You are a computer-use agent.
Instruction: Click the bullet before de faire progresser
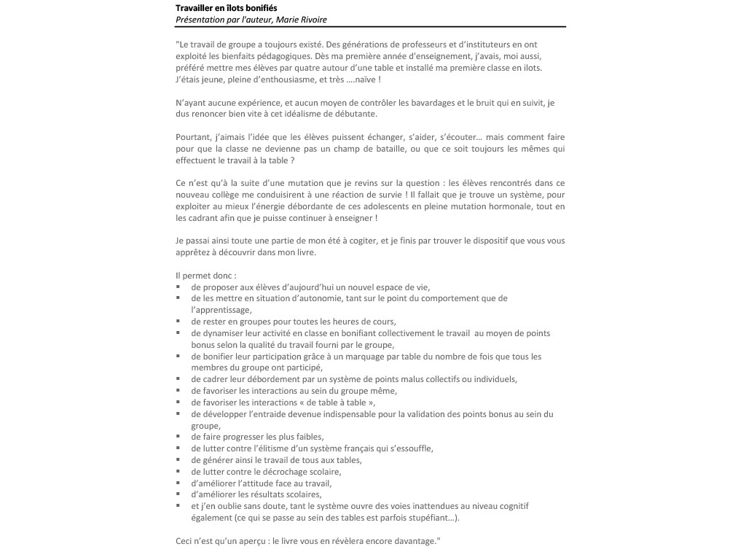point(178,437)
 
